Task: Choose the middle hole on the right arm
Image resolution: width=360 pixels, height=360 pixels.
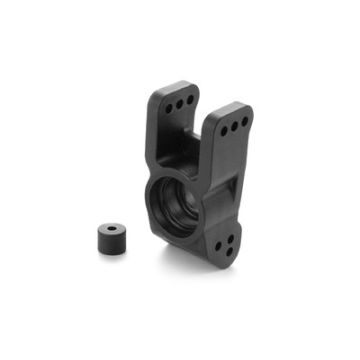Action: point(238,123)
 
